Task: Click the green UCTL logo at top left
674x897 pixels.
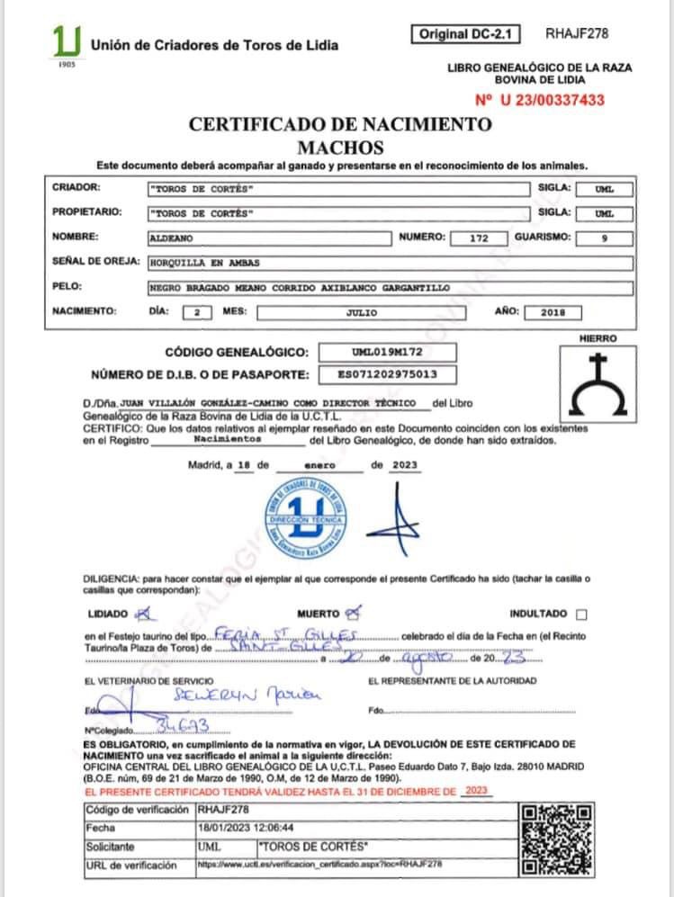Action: click(67, 41)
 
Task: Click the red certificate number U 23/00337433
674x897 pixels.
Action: click(539, 101)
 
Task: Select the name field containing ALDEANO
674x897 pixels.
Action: click(269, 238)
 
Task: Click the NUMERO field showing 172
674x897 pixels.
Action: click(479, 238)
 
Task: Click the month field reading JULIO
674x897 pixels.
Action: click(361, 313)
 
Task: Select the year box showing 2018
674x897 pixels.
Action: click(551, 313)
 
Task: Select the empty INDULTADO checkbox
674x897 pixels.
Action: click(580, 614)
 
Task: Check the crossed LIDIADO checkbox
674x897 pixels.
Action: click(140, 614)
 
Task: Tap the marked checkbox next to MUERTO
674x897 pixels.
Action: click(353, 614)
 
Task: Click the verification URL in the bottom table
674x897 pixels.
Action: click(319, 865)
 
